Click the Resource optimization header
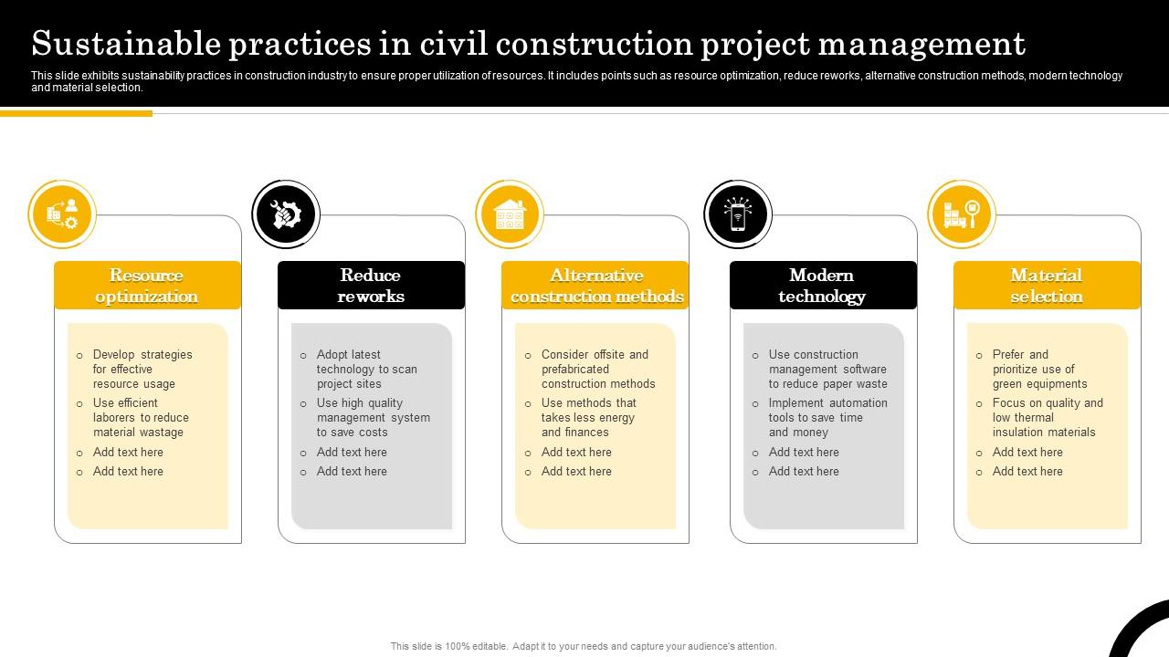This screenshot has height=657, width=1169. click(147, 286)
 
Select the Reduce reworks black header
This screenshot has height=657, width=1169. click(371, 286)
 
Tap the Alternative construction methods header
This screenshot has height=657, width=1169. click(595, 286)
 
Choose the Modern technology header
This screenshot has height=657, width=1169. click(822, 286)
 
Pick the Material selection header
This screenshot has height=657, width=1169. click(1047, 286)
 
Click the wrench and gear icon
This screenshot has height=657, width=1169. click(286, 215)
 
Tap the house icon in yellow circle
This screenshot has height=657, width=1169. click(510, 215)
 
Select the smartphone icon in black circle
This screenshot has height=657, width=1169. click(738, 215)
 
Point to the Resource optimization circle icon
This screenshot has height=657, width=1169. click(62, 215)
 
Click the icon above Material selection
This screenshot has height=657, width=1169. click(962, 215)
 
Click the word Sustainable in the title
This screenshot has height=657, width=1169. click(127, 44)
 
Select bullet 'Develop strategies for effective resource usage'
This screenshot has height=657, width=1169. click(142, 370)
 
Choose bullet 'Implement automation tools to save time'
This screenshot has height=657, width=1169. click(827, 418)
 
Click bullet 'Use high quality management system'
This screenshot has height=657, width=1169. click(373, 418)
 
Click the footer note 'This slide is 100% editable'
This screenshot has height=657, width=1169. click(584, 646)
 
